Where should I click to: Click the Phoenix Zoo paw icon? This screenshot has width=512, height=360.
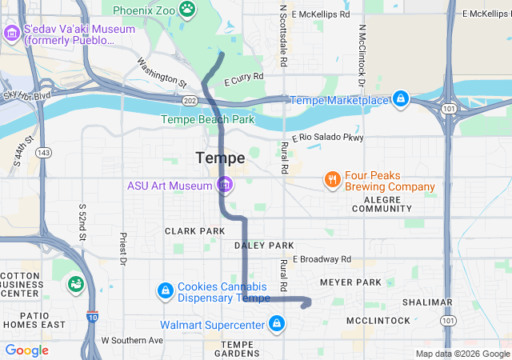point(187,10)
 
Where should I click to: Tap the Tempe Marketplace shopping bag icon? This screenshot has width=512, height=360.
point(400,100)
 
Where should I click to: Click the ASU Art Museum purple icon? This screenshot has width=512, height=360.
point(226,186)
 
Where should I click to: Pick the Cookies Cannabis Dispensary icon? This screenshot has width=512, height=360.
point(166,290)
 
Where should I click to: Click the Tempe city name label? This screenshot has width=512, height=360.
point(220,158)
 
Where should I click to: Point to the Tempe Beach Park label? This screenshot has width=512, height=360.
point(207,119)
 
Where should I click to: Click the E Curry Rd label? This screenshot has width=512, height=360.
point(244,78)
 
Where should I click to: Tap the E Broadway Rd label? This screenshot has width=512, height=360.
point(322,259)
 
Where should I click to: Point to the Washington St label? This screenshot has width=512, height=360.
point(161,71)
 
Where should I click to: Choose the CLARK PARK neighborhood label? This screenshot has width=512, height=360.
point(195,230)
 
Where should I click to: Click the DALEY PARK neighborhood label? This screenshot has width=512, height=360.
point(264,245)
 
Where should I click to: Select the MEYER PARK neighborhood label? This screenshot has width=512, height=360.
point(350,282)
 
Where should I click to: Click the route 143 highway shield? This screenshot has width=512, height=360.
point(42,152)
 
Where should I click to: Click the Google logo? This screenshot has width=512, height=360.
point(27,350)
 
